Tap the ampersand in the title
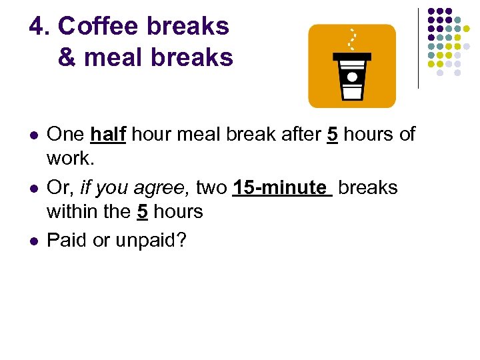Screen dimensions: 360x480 point(67,58)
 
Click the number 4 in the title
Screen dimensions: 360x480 point(37,27)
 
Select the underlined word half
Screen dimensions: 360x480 point(109,135)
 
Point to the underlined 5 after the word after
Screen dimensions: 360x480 point(331,135)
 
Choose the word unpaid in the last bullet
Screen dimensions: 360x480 point(149,240)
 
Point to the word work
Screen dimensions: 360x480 point(68,159)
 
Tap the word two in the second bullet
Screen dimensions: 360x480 point(211,188)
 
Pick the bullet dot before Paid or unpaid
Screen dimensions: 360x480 point(33,241)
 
